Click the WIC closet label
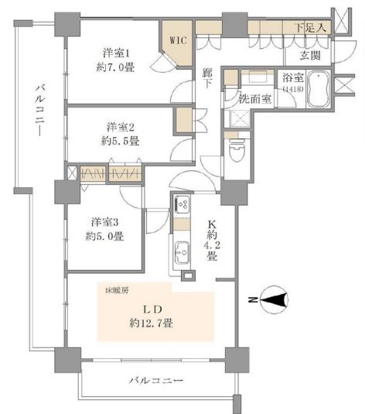(178, 40)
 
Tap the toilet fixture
(237, 150)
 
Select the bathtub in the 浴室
(319, 89)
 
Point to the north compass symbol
(274, 299)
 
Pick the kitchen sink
(182, 253)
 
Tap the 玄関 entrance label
(310, 56)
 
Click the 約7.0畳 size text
(115, 67)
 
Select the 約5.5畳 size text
(120, 142)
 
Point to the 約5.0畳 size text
(104, 236)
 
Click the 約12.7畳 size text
(152, 323)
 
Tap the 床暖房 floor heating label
(118, 291)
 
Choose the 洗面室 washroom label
(255, 99)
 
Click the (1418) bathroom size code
(292, 89)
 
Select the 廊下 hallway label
(207, 78)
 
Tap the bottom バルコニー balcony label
(156, 381)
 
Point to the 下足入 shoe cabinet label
(311, 27)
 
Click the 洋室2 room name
(121, 127)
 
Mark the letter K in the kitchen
(212, 224)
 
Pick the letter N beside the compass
(253, 299)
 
